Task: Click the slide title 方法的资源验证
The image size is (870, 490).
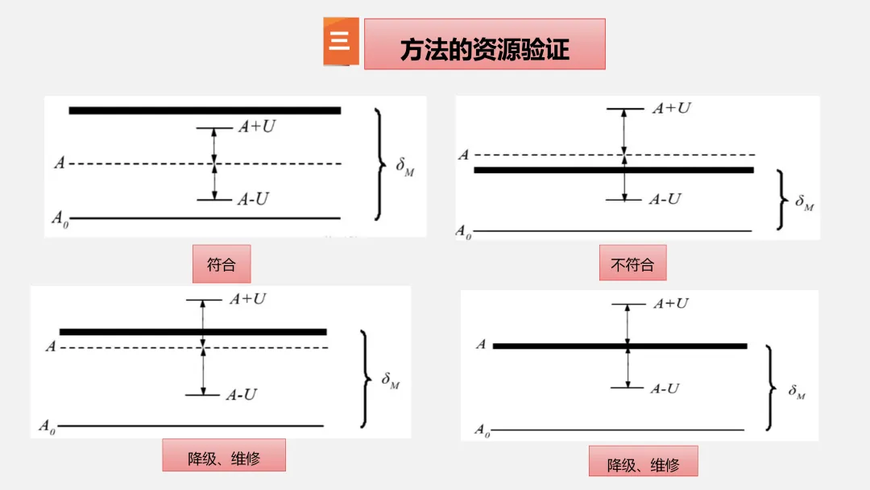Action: [484, 48]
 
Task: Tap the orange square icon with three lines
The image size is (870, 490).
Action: [340, 41]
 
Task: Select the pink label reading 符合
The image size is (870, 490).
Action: [221, 264]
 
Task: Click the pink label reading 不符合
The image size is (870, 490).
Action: [632, 264]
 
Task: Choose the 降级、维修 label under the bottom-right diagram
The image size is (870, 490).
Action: [643, 464]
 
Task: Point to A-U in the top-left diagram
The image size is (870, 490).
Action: [252, 199]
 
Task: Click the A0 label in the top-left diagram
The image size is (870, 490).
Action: [59, 218]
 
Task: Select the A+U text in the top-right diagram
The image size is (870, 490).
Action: [671, 108]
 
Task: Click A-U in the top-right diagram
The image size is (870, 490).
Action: [665, 199]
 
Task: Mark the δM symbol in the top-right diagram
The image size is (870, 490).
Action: [804, 201]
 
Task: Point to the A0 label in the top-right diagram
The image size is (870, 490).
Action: [463, 231]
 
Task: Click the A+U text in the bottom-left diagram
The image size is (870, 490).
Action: [247, 299]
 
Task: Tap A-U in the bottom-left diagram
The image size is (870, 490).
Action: [241, 394]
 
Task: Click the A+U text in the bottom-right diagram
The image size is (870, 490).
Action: [670, 304]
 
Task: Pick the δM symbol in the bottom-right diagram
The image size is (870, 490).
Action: [797, 392]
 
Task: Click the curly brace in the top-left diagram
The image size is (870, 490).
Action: [378, 164]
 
